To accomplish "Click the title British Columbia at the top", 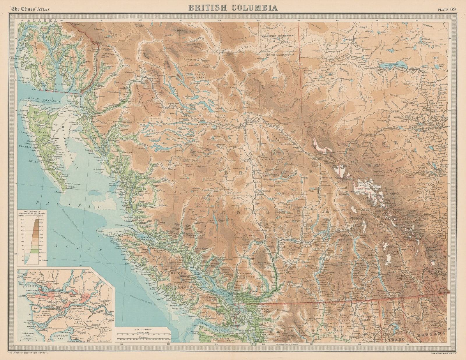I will pyautogui.click(x=233, y=7).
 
